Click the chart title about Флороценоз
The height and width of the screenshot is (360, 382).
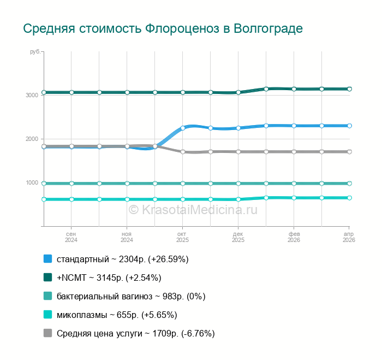163,28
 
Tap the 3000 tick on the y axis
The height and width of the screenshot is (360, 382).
32,95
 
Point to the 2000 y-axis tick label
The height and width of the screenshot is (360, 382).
32,139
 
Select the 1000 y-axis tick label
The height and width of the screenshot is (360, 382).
32,182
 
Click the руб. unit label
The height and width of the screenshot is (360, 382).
35,51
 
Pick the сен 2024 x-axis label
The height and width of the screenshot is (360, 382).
71,237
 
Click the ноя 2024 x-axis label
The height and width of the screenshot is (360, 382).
127,237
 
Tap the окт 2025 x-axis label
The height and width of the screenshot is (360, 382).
182,237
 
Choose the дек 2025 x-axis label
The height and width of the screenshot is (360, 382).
238,237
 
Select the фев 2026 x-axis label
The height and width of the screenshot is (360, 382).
294,237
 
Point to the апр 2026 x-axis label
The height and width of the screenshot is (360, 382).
348,237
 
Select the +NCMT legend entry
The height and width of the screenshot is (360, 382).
109,278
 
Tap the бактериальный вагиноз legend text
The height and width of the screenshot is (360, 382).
130,296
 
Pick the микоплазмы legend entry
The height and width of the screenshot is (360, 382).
117,315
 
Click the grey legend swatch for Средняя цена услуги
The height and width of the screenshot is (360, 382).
47,333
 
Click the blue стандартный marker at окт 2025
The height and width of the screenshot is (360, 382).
183,128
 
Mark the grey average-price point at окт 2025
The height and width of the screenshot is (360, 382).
183,152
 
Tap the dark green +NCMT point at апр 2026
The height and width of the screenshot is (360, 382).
349,89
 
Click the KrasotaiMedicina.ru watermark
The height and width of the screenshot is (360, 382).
193,209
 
